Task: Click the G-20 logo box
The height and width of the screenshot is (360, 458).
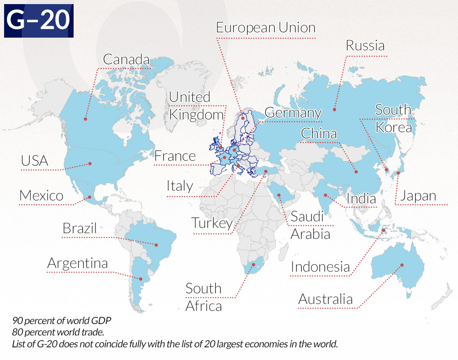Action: coord(39,21)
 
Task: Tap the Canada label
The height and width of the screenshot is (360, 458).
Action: coord(126,59)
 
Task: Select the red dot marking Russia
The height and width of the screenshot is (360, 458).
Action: coord(334,109)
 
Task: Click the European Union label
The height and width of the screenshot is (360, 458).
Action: coord(266,28)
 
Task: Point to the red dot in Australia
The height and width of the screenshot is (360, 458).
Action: coord(402,265)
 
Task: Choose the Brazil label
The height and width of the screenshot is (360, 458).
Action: coord(80,228)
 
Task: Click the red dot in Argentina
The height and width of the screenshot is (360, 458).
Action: coord(141,279)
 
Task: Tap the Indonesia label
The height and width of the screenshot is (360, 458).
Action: coord(321,267)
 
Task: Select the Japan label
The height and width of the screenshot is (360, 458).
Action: coord(418,196)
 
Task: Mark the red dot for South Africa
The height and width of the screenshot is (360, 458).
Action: coord(254,264)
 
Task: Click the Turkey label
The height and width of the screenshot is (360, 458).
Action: coord(212,223)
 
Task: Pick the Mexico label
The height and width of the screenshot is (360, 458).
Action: coord(41,196)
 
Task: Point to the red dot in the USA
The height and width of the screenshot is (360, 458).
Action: coord(90,164)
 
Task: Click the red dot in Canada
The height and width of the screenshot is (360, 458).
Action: coord(85,119)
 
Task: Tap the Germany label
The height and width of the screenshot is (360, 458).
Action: coord(293,112)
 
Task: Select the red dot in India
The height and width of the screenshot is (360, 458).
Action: coord(325,195)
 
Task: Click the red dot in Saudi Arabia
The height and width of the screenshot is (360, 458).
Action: coord(279,195)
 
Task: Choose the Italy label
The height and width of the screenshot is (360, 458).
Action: coord(180,186)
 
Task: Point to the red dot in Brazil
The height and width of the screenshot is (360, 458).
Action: coord(156,245)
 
